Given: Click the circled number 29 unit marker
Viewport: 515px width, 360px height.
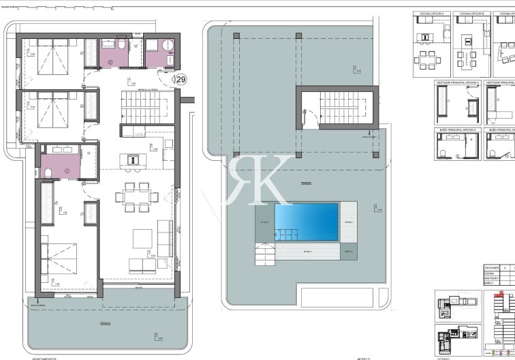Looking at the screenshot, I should [x=181, y=79].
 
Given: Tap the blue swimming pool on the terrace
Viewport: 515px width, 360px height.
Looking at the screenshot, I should [x=306, y=220].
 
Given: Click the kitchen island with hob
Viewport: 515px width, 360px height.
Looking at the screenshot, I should [x=133, y=160].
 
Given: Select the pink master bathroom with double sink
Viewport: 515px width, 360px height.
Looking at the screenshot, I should [x=60, y=162].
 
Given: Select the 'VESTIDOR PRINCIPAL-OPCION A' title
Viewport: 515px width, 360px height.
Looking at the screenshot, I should [x=458, y=82].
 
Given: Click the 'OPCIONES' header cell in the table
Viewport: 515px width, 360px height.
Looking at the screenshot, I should [x=492, y=268].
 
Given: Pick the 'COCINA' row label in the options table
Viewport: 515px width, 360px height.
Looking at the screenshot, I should [x=490, y=273].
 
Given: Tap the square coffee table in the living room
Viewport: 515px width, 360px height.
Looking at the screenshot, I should [x=142, y=237].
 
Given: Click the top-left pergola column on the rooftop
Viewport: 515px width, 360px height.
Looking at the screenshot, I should [x=236, y=35].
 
